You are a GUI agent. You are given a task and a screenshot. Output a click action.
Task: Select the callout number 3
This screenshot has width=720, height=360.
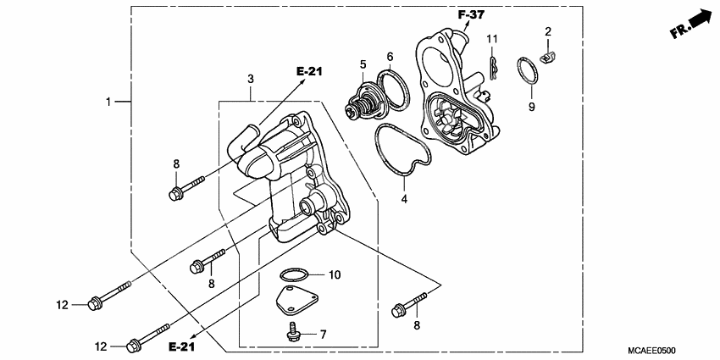[x=251, y=79]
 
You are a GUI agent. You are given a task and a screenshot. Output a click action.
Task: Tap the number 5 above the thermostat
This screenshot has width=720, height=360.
[x=362, y=64]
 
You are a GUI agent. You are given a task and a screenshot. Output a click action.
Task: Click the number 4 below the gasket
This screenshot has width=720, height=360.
[x=404, y=199]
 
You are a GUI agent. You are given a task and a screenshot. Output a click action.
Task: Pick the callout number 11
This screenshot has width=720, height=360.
[x=492, y=40]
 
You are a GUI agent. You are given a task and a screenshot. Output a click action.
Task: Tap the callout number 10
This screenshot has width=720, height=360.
[x=334, y=274]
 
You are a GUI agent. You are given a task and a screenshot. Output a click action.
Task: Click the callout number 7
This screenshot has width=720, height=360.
[x=323, y=335]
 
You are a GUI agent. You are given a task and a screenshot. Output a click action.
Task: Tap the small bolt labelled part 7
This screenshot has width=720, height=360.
[x=293, y=332]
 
